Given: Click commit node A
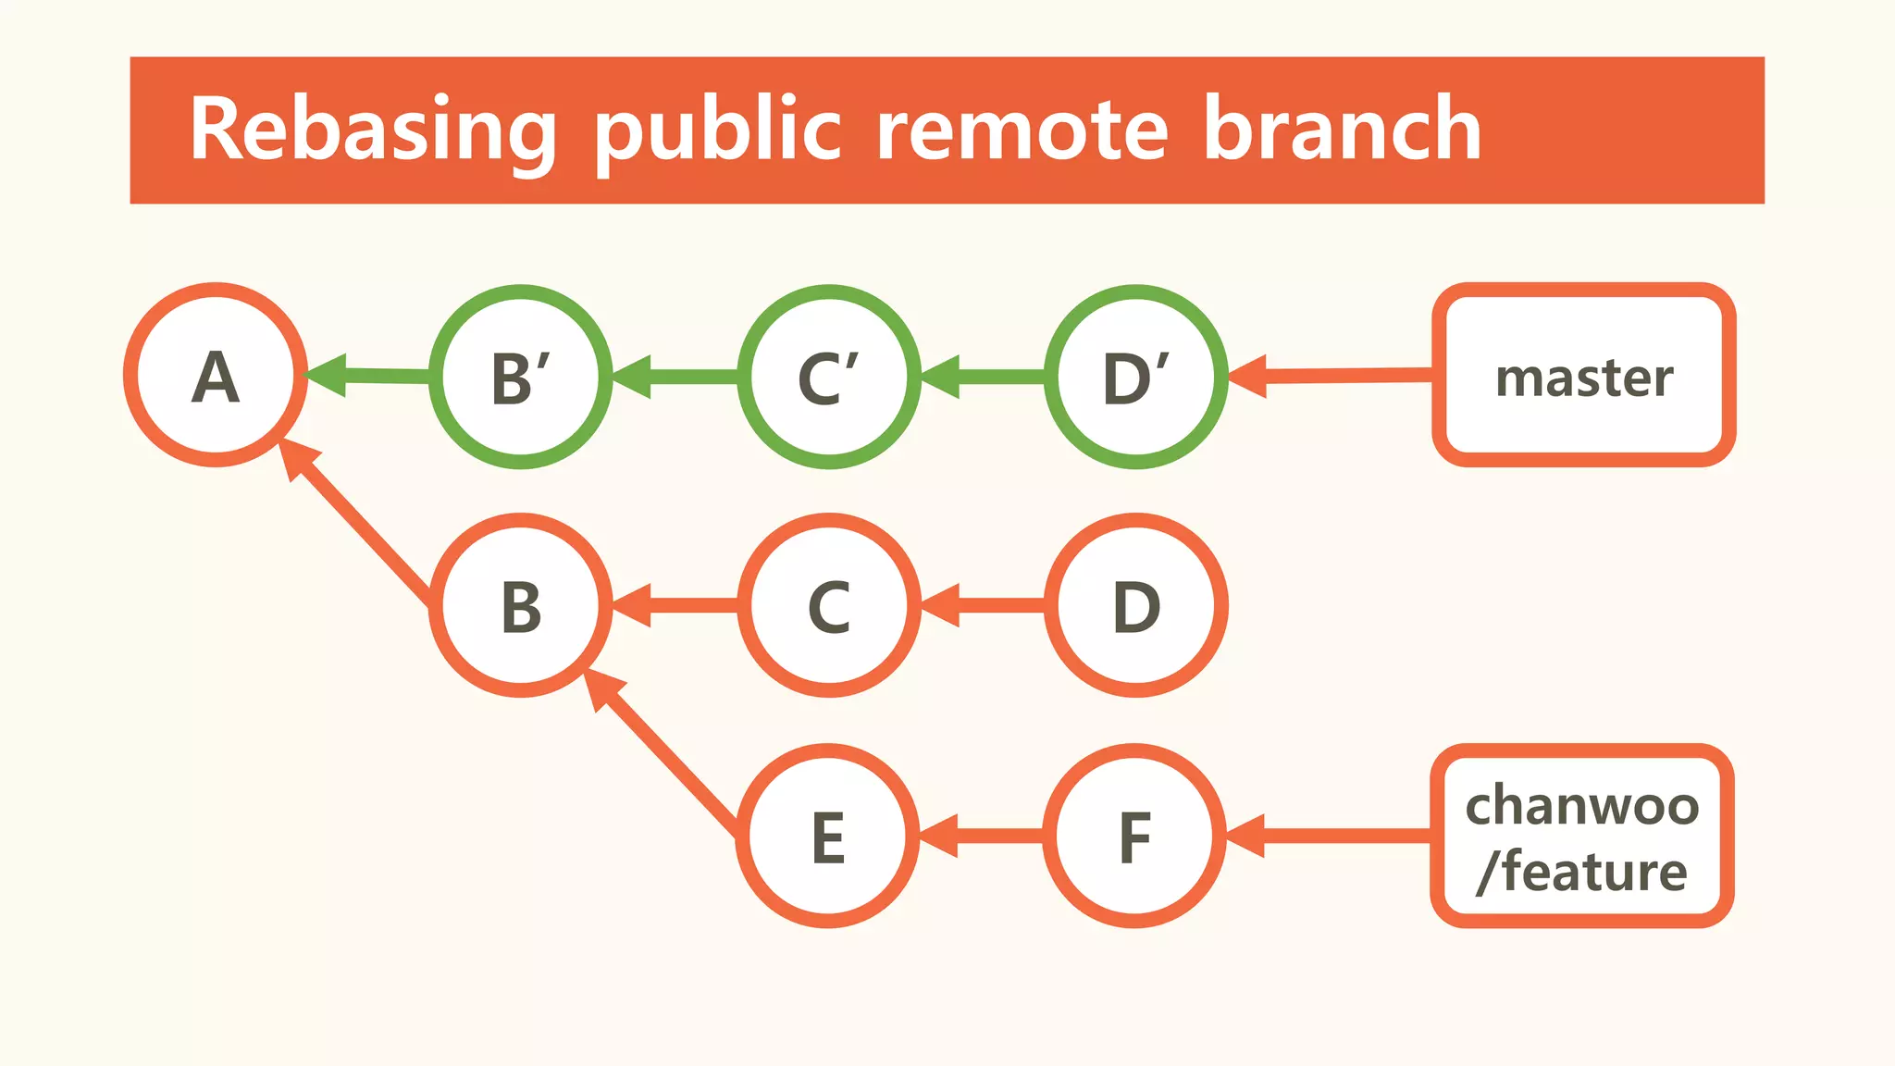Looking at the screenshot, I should [x=216, y=375].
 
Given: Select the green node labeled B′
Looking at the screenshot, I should [x=521, y=377].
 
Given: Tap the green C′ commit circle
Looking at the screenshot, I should [x=829, y=377].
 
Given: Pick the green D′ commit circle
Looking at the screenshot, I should [x=1135, y=377].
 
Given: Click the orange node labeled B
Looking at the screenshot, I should [x=521, y=605].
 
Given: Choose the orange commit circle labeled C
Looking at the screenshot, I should [x=829, y=605].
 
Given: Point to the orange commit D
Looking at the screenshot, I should [x=1135, y=605].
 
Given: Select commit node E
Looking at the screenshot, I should [x=828, y=836].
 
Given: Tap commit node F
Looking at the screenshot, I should [x=1134, y=836].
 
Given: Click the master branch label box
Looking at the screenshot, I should [x=1583, y=375].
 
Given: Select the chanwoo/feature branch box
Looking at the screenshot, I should [x=1582, y=836].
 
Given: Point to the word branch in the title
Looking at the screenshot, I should [x=1342, y=130].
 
